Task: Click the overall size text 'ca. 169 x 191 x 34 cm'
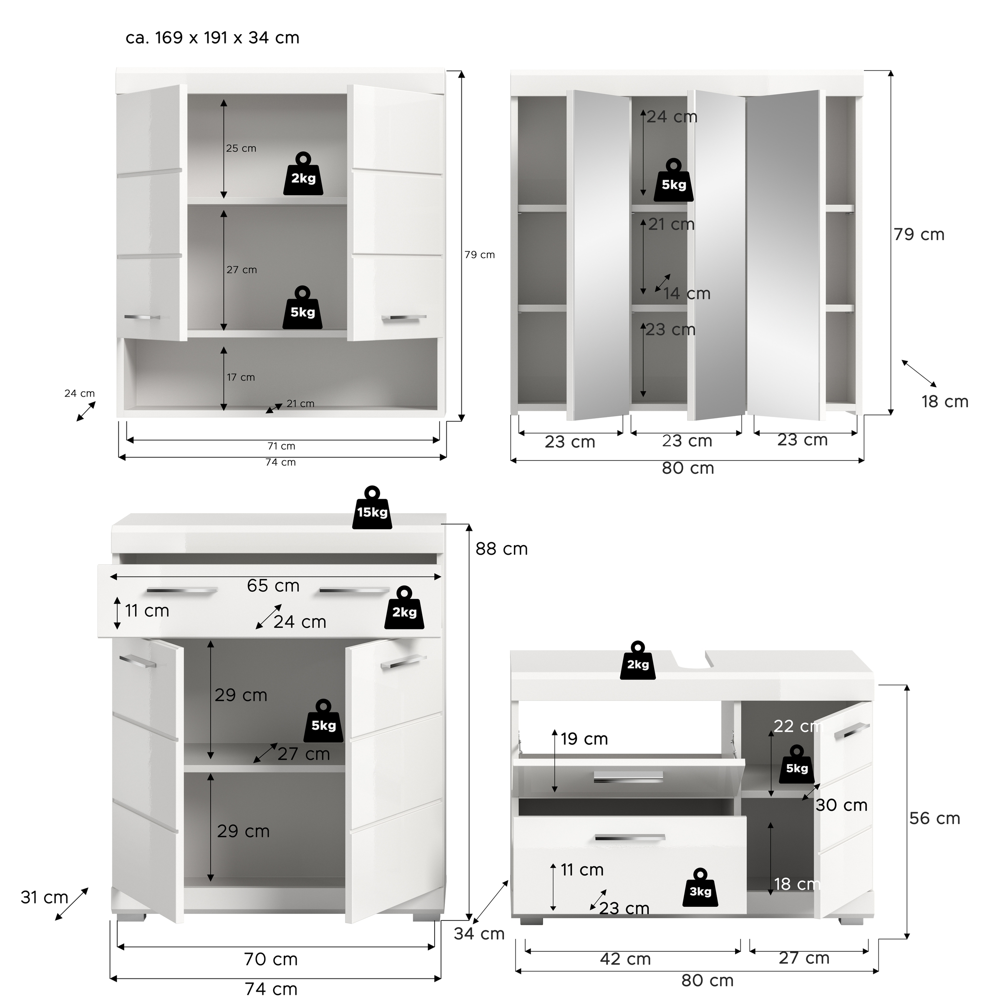[x=212, y=38]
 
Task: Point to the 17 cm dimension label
[x=241, y=377]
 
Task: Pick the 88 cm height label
[x=501, y=549]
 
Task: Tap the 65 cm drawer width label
[x=273, y=586]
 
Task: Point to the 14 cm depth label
[x=687, y=294]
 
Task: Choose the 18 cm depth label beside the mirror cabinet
[x=945, y=402]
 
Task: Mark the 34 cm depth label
[x=479, y=934]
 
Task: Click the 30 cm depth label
[x=841, y=805]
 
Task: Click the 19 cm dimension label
[x=584, y=739]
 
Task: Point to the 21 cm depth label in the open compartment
[x=300, y=404]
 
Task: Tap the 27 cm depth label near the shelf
[x=304, y=754]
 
